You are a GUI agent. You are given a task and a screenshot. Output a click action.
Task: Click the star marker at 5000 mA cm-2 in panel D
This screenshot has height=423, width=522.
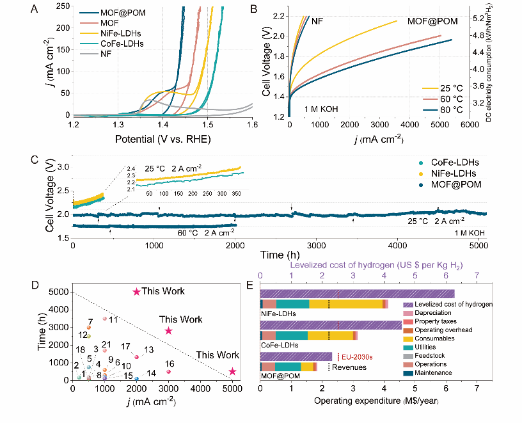232,371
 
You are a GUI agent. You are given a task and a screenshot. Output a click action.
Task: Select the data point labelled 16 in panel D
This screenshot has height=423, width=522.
168,371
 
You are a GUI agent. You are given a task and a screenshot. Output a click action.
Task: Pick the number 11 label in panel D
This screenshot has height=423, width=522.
113,319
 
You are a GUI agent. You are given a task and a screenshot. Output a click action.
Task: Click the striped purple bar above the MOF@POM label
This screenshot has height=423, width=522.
296,356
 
